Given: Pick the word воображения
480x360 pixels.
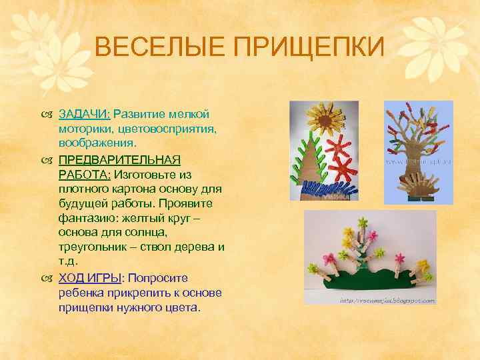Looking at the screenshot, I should (97, 143).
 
